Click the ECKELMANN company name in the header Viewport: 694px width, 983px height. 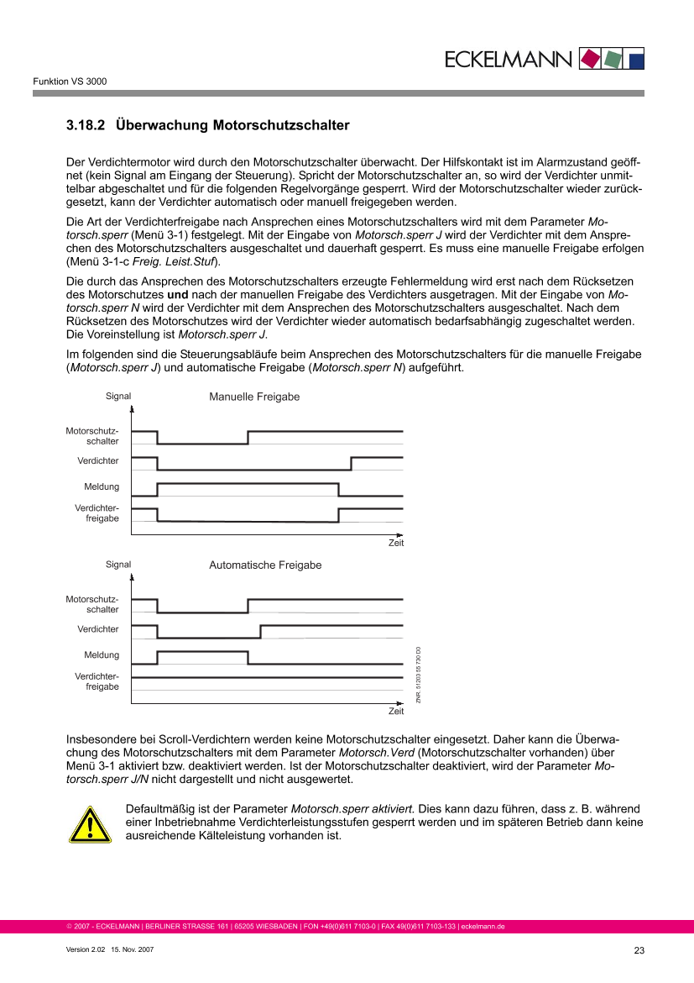[508, 60]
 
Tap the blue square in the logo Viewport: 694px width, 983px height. [636, 60]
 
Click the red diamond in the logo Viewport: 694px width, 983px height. [590, 59]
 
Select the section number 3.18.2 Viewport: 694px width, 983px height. [86, 125]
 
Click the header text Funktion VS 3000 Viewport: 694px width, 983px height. [70, 81]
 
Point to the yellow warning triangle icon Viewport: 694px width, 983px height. [90, 825]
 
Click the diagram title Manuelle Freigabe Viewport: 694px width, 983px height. [254, 397]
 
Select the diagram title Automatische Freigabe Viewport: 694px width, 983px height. [265, 565]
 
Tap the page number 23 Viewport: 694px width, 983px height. [639, 950]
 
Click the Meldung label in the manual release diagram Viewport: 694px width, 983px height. [102, 486]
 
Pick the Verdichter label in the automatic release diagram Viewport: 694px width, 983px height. [98, 628]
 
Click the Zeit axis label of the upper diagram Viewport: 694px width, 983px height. [396, 543]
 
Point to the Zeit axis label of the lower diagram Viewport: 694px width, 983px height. [396, 711]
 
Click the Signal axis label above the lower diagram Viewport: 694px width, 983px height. [118, 565]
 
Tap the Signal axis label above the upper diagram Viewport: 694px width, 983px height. [118, 397]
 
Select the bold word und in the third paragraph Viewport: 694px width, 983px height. [178, 295]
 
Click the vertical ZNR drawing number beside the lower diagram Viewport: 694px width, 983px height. [419, 675]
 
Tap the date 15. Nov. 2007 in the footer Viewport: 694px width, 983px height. [132, 949]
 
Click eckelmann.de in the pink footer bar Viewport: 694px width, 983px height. [483, 927]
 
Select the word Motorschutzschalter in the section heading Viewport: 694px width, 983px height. [281, 125]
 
